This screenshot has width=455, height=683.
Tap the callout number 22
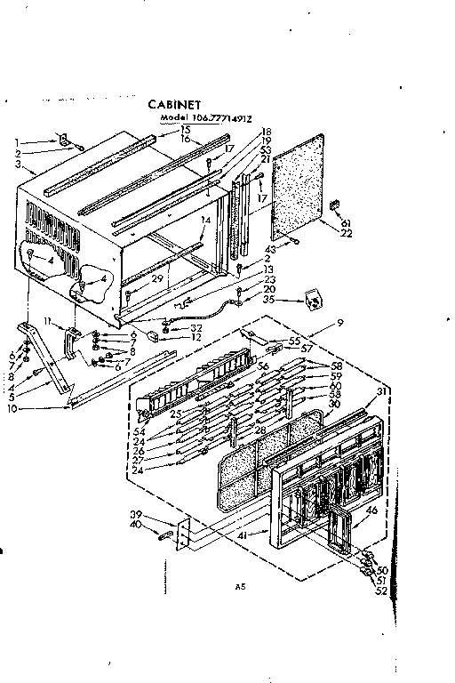click(x=347, y=232)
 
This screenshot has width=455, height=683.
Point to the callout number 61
click(x=347, y=221)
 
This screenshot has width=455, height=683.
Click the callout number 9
click(x=339, y=322)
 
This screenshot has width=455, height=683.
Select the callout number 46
click(x=372, y=510)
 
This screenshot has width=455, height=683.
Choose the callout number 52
click(x=382, y=591)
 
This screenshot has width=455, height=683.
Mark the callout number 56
click(x=263, y=366)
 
